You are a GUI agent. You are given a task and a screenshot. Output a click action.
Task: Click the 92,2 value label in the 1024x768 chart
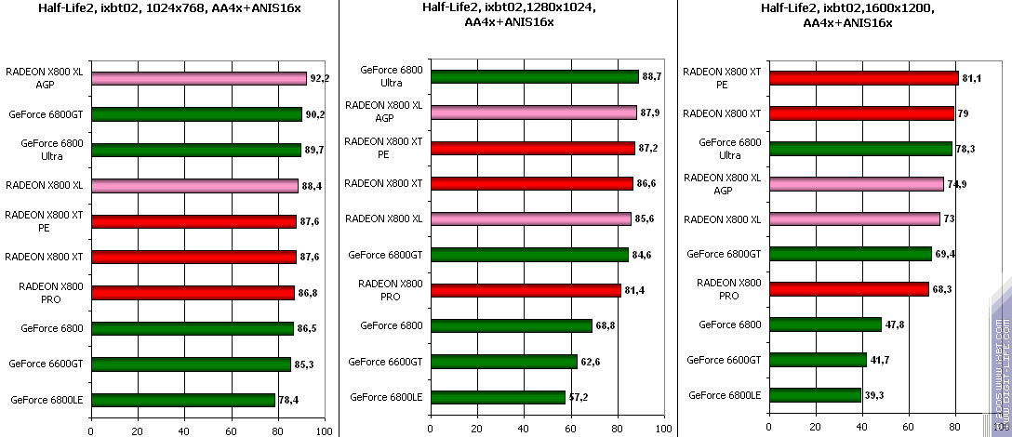(319, 79)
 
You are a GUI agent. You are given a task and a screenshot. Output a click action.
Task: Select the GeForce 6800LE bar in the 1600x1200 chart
(815, 395)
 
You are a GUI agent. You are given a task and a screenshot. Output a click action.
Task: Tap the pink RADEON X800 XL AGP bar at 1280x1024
(533, 113)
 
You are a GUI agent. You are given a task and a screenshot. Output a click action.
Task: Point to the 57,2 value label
(578, 397)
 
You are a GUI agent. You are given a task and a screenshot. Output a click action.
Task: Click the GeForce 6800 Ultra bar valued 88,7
(534, 77)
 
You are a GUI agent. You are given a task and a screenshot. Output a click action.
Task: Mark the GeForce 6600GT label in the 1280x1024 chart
(385, 362)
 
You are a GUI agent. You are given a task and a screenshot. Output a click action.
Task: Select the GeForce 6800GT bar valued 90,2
(196, 114)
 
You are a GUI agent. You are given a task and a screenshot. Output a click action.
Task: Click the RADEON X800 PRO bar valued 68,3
(848, 289)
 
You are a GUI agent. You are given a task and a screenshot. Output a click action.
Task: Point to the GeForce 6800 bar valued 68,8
(511, 325)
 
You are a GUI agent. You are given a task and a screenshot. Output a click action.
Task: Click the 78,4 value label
(289, 400)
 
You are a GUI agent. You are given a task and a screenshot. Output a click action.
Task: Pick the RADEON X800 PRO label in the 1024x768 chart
(51, 293)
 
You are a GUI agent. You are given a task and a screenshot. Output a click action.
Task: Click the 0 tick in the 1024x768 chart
(91, 430)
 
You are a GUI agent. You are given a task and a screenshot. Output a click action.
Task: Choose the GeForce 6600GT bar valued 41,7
(818, 360)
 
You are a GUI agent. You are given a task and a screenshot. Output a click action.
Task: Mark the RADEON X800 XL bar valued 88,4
(194, 185)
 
